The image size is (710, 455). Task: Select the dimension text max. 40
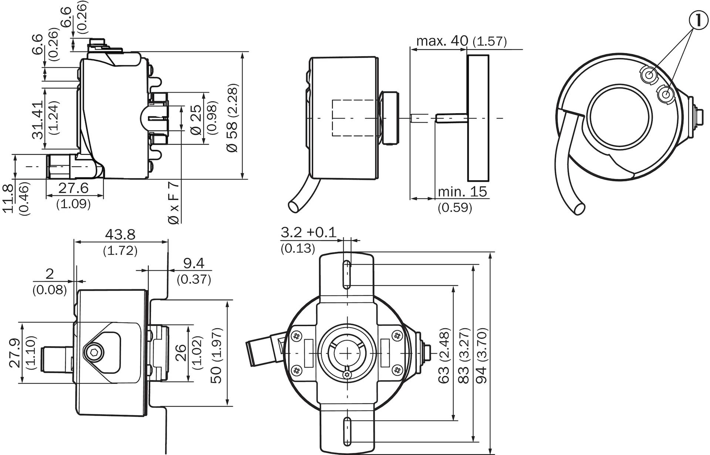point(442,40)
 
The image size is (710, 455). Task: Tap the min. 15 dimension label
point(462,191)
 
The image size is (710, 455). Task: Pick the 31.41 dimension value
point(38,120)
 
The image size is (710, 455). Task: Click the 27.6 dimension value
point(74,188)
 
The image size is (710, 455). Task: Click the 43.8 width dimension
point(120,234)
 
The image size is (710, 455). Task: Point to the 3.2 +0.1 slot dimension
point(308,232)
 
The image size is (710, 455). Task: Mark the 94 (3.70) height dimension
point(481,355)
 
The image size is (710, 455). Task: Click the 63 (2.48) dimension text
point(444,355)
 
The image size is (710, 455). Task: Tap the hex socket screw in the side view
point(91,351)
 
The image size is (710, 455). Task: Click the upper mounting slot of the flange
point(347,274)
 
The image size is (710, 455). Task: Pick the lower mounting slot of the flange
point(348,431)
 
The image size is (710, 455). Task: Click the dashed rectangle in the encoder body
point(357,118)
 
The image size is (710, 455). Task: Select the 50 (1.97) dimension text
point(217,355)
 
